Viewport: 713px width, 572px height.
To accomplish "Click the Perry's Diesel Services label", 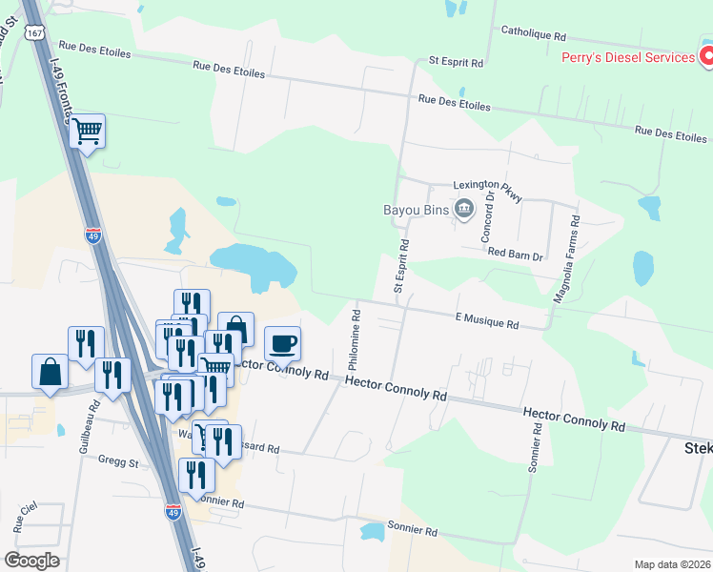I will click(627, 57).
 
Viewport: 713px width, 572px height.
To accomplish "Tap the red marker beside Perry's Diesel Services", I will click(706, 57).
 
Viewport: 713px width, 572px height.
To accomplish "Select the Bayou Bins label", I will click(416, 209).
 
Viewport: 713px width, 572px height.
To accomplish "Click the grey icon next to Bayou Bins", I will click(464, 208).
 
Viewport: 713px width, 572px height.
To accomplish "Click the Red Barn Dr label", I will click(514, 255).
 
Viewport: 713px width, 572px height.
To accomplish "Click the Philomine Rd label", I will click(354, 339).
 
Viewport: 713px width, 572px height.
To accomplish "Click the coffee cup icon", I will click(281, 342).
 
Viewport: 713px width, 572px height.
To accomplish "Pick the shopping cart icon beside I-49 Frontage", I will click(87, 132).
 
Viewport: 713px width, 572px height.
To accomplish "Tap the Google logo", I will click(31, 560).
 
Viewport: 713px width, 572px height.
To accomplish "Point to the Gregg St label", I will click(118, 462).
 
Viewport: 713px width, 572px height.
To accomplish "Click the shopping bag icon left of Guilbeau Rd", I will click(50, 371).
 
